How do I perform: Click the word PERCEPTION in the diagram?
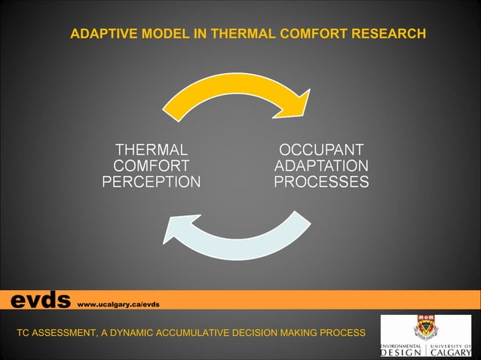pyautogui.click(x=151, y=182)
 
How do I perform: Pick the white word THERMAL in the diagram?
pyautogui.click(x=151, y=149)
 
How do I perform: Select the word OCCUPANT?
pyautogui.click(x=321, y=149)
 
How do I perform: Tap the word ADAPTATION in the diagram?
pyautogui.click(x=321, y=166)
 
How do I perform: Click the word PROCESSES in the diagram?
pyautogui.click(x=321, y=182)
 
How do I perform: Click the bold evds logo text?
pyautogui.click(x=39, y=301)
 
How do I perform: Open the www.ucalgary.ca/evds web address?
pyautogui.click(x=118, y=304)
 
